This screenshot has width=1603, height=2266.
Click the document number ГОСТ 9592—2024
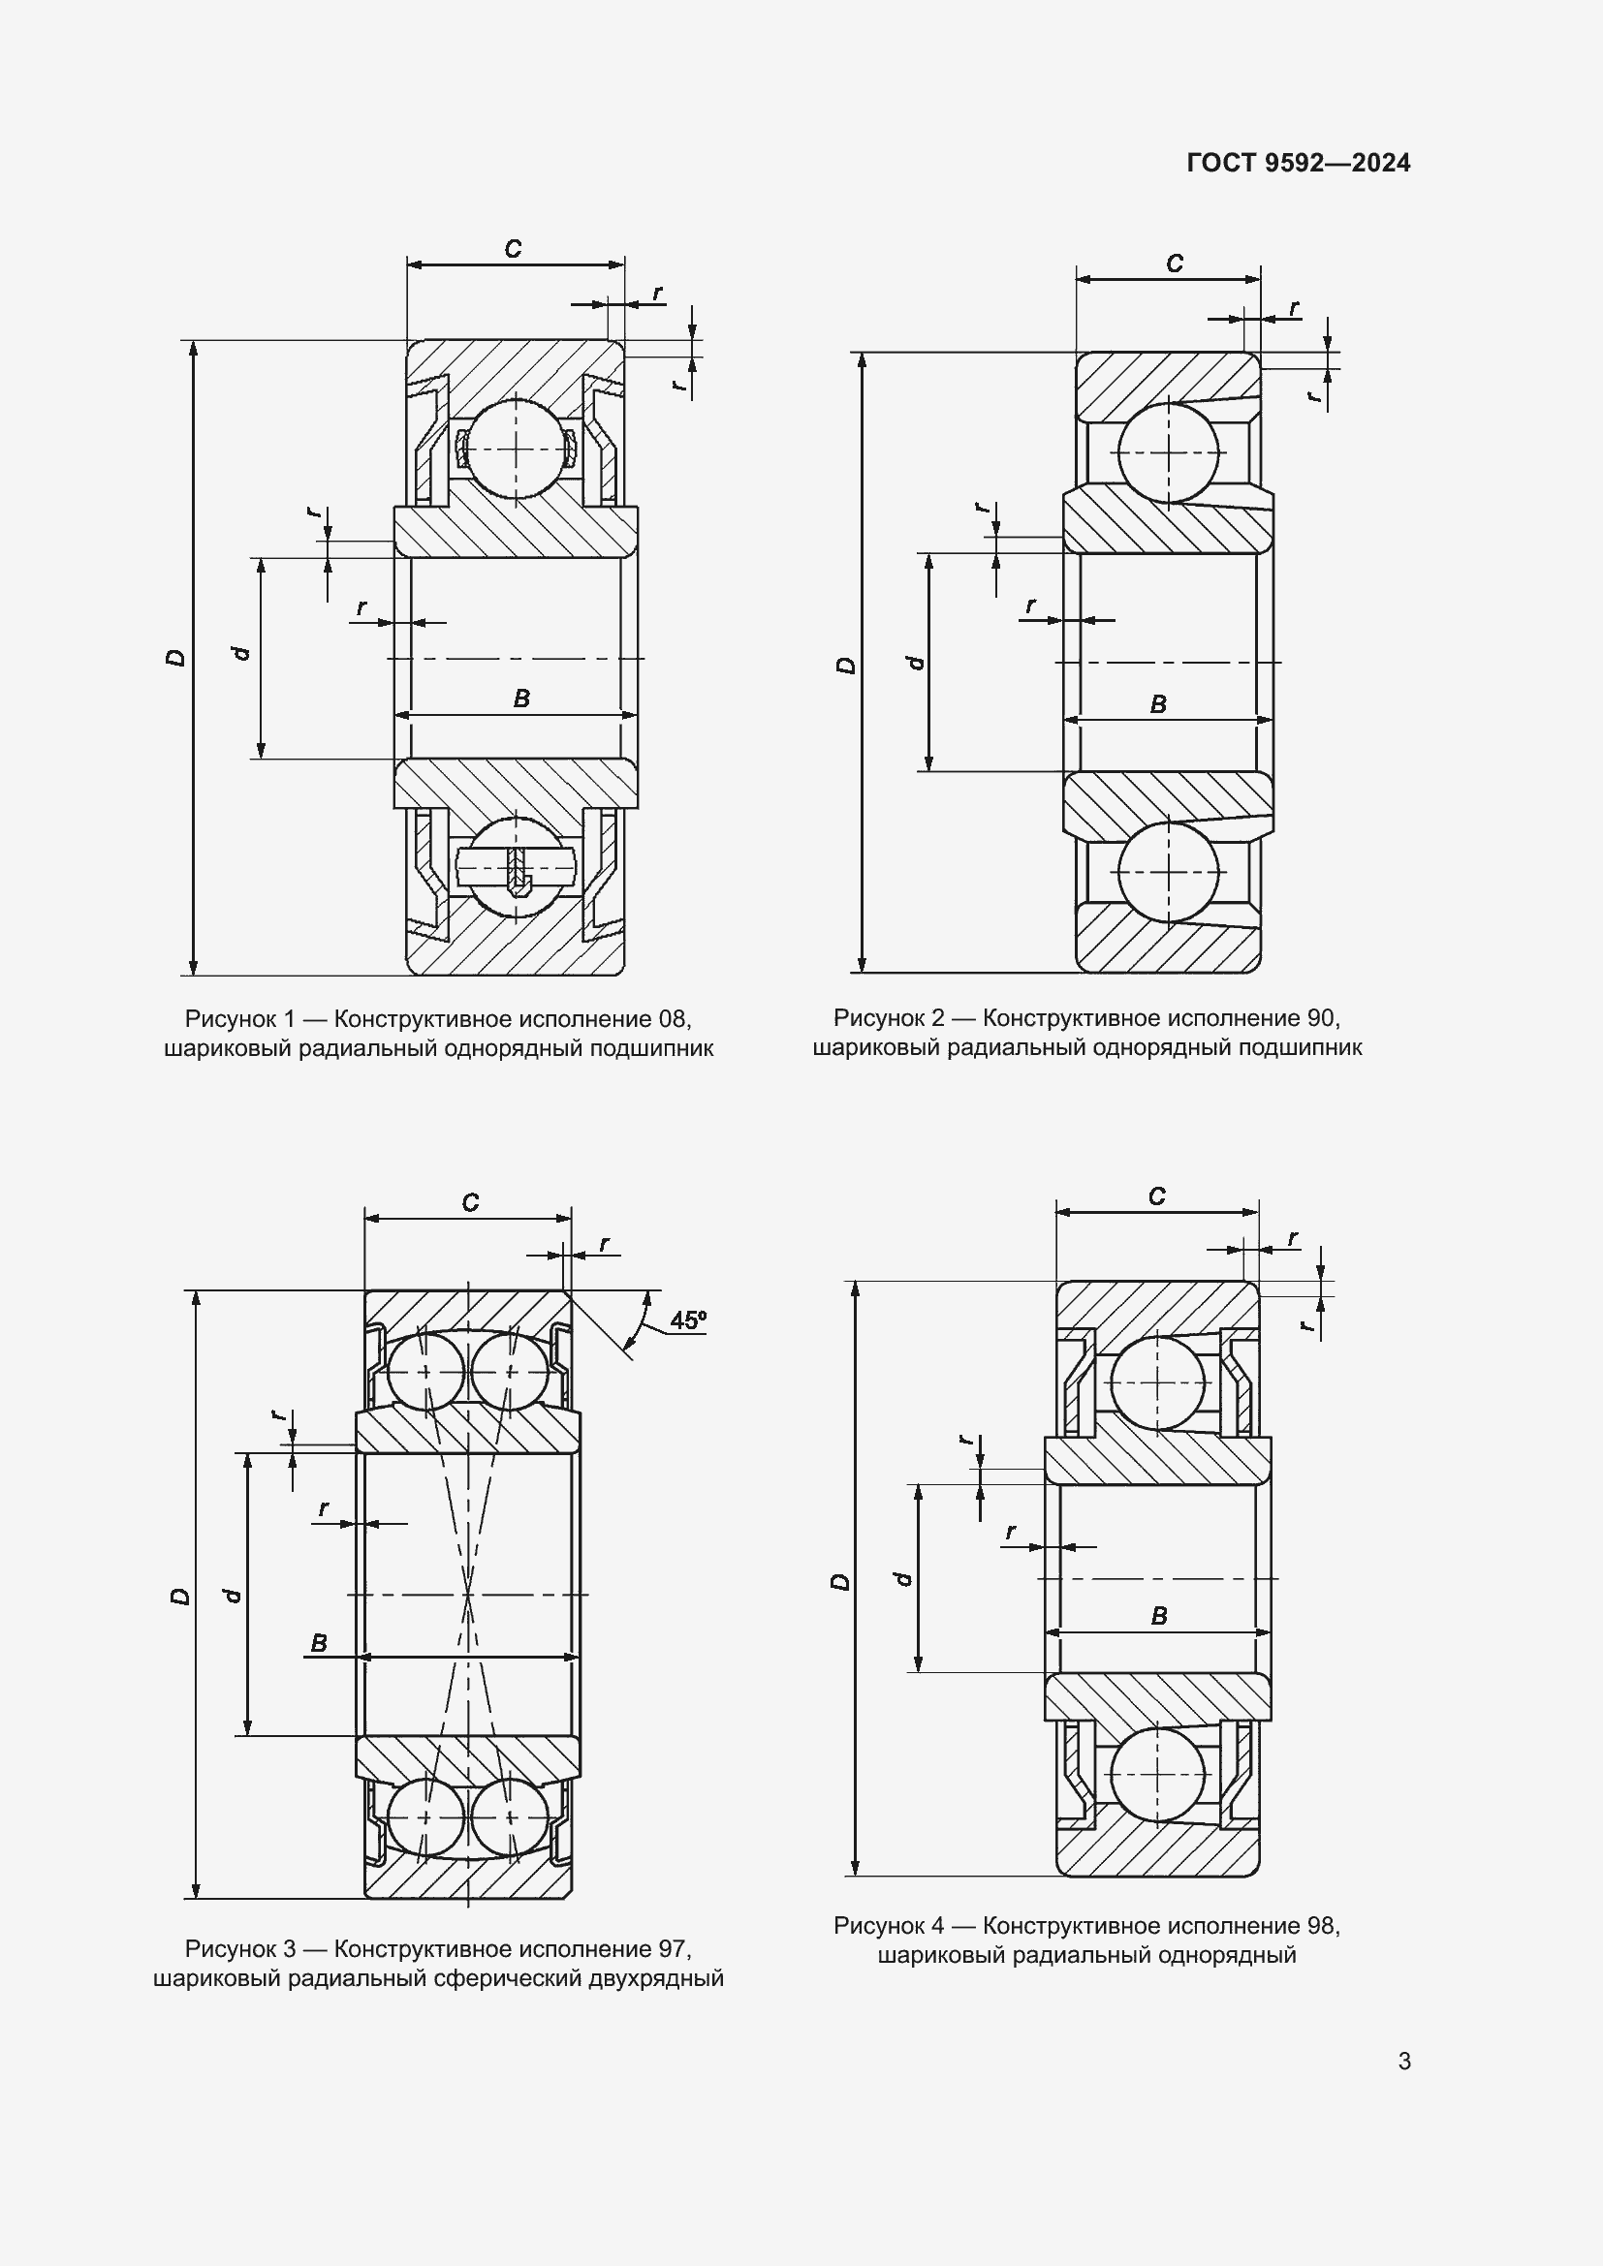[1298, 163]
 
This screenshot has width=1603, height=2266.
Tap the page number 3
[1404, 2061]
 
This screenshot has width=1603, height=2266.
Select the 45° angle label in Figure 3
[688, 1319]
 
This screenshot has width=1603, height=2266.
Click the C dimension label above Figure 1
[514, 249]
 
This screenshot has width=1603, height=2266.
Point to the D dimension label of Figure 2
[846, 665]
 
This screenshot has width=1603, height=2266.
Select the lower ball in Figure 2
[1169, 873]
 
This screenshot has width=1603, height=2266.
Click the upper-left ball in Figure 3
[425, 1372]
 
